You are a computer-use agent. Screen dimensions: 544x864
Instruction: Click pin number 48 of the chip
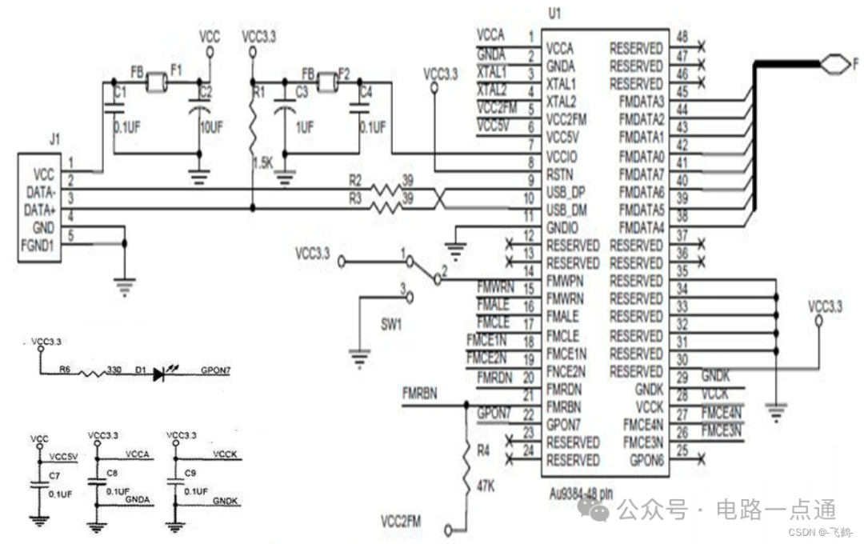point(682,37)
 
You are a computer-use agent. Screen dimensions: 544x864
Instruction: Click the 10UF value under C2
point(210,126)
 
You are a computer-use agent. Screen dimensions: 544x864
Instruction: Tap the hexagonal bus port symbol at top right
point(834,61)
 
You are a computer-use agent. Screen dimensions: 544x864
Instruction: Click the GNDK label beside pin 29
point(716,376)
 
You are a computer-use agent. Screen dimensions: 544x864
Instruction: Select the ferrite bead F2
point(326,81)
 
